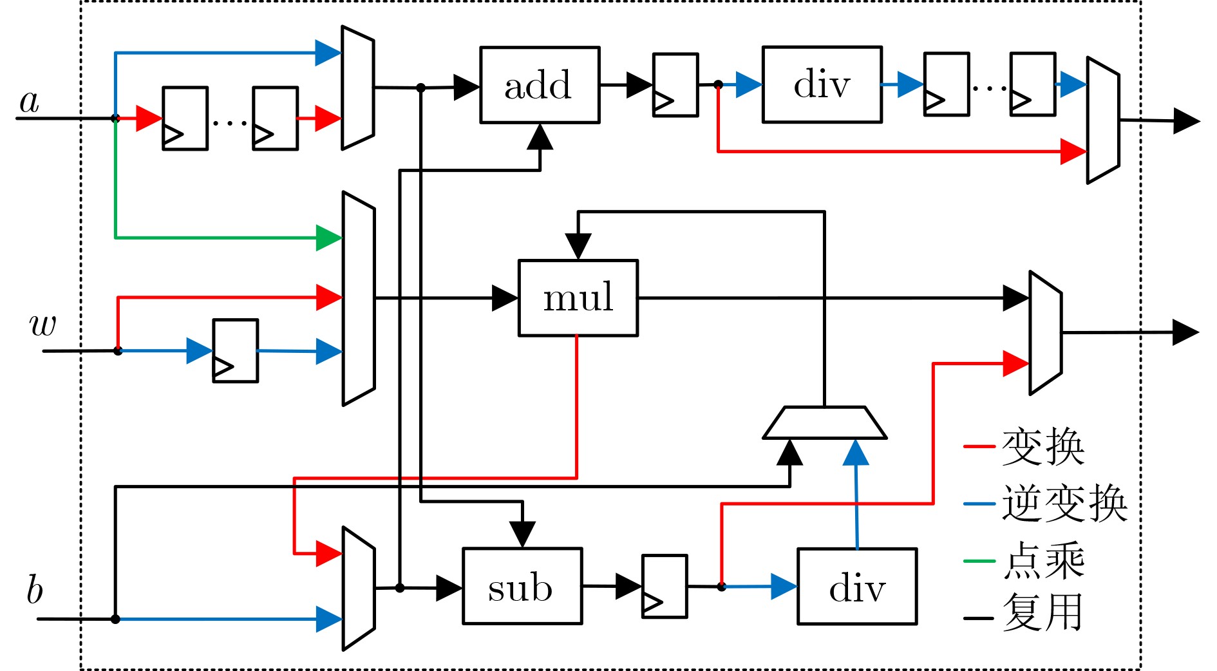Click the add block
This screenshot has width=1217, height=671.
click(x=540, y=85)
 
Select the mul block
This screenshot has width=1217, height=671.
click(x=578, y=298)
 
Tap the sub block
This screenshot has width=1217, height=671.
click(x=522, y=587)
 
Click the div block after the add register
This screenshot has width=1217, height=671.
click(x=822, y=84)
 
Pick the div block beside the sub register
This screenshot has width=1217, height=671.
click(x=856, y=587)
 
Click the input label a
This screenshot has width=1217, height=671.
click(x=30, y=101)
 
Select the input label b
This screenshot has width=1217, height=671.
click(x=35, y=590)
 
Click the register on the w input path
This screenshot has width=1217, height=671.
click(x=236, y=351)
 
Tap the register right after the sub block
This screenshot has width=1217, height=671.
click(x=665, y=587)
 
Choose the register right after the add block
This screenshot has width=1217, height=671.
click(x=675, y=85)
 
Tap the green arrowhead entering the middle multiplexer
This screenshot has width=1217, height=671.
click(x=329, y=238)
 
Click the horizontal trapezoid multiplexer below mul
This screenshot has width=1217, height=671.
click(x=824, y=423)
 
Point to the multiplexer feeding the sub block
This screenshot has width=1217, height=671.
click(x=359, y=589)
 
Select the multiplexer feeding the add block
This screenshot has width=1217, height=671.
click(x=357, y=88)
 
